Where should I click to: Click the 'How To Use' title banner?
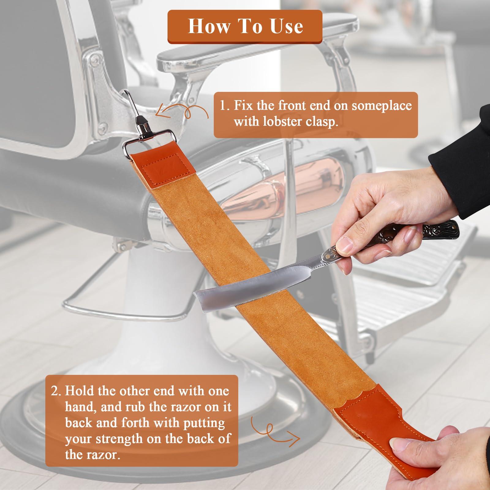pyautogui.click(x=245, y=26)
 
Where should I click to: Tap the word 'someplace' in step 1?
pyautogui.click(x=381, y=106)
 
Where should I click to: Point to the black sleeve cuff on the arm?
pyautogui.click(x=459, y=138)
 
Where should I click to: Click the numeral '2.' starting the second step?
pyautogui.click(x=57, y=391)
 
